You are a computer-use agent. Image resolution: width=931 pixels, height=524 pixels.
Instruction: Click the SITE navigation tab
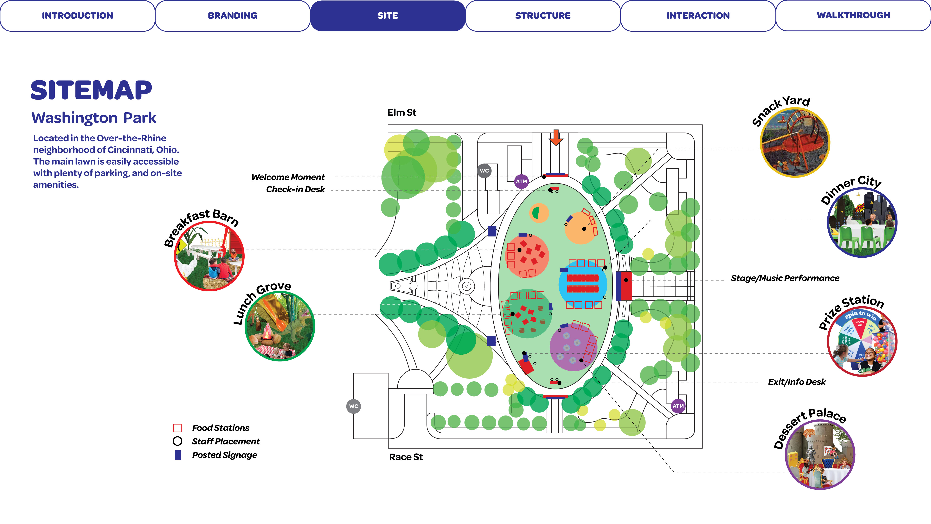(x=388, y=16)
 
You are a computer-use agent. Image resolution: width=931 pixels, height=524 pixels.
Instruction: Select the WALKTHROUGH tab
(x=853, y=16)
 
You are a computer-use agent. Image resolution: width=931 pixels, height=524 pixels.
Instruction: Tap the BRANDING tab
(x=232, y=16)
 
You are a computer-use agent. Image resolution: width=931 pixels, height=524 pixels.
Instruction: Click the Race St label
(x=406, y=457)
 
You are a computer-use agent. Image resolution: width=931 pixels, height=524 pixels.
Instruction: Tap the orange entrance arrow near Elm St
(x=556, y=137)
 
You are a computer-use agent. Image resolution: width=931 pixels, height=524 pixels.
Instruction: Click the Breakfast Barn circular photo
(x=209, y=256)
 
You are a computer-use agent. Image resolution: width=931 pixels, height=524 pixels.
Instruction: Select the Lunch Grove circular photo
(x=280, y=326)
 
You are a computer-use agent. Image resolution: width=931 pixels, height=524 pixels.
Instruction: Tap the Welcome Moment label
(x=288, y=177)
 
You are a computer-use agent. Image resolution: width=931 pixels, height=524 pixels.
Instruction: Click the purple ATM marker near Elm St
(x=521, y=181)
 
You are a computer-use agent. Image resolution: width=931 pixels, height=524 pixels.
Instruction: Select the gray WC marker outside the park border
(x=353, y=406)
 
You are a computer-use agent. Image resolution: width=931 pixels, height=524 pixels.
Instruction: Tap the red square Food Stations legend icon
(x=177, y=428)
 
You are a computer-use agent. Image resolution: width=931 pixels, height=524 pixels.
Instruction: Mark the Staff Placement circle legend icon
(x=177, y=441)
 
